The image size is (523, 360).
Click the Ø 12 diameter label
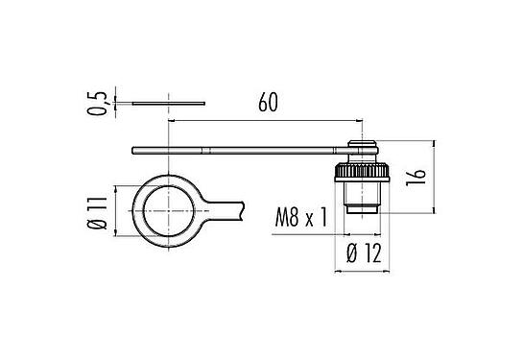tap(363, 254)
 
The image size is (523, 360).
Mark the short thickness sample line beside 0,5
tap(168, 100)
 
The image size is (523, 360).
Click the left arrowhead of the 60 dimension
tap(173, 121)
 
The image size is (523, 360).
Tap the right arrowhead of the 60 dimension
tap(358, 121)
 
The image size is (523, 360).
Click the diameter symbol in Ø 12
tap(349, 254)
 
